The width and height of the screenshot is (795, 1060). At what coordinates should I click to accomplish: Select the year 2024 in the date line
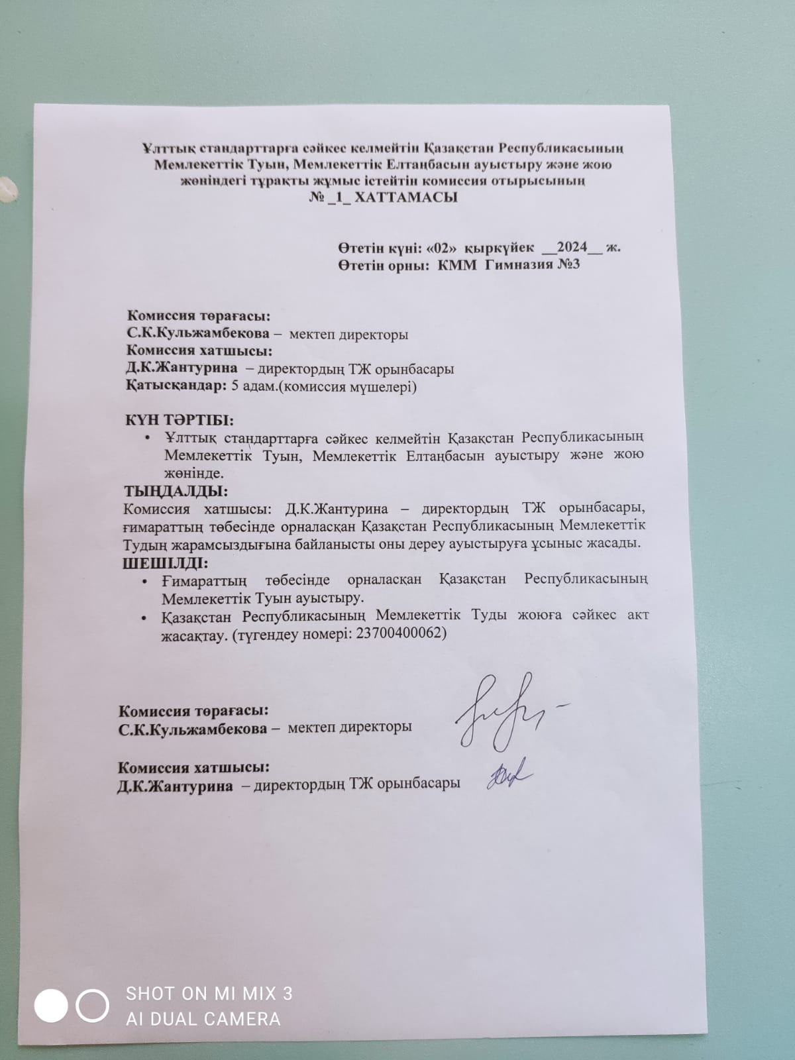pos(572,247)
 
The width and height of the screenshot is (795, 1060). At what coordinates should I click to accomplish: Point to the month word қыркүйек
pos(500,248)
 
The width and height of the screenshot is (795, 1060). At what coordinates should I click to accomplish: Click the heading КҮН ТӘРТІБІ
pos(180,420)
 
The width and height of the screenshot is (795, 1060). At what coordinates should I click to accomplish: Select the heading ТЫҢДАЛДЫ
pos(176,492)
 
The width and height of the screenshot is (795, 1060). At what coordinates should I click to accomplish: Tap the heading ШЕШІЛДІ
pos(166,564)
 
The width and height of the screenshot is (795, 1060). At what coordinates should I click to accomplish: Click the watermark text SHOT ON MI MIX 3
pos(209,993)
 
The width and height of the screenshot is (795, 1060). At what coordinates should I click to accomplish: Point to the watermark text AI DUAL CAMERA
pos(203,1018)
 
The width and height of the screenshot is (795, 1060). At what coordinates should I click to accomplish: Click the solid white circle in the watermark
pos(51,1006)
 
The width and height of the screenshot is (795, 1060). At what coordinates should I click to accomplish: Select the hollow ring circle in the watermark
pos(92,1006)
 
